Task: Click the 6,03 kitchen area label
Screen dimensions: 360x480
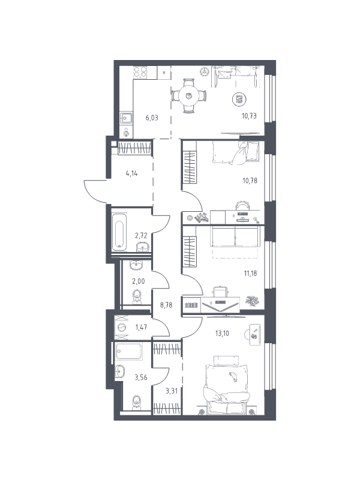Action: coord(152,118)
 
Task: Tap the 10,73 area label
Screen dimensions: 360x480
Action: coord(249,116)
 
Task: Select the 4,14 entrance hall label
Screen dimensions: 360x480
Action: coord(131,173)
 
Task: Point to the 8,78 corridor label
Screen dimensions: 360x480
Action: coord(166,305)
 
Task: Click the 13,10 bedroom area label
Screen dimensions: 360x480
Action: coord(222,334)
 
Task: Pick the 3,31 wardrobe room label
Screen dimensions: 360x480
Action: coord(172,391)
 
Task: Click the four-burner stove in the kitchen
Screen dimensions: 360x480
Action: coord(140,72)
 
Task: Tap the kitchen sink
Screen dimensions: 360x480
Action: coord(126,118)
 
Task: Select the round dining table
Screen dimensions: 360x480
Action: coord(188,96)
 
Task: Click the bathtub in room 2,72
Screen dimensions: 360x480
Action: coord(119,232)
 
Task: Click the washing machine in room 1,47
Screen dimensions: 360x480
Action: coord(122,328)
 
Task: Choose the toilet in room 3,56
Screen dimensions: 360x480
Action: coord(136,403)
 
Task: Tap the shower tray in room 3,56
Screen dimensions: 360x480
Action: coord(129,351)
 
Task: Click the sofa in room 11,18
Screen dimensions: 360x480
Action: coord(235,236)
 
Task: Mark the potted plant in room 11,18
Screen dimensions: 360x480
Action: coord(252,301)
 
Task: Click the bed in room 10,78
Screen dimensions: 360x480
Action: coord(235,153)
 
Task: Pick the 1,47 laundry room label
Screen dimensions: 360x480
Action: coord(141,327)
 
